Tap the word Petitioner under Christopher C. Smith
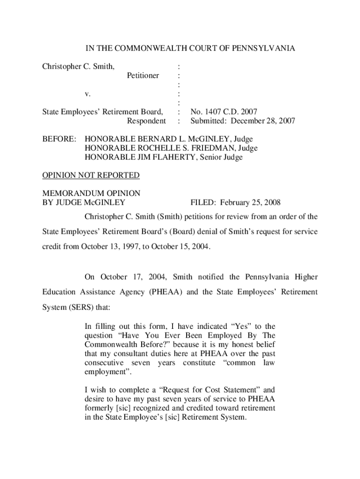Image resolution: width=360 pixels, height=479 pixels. click(x=143, y=75)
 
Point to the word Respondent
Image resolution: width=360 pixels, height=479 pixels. click(x=146, y=121)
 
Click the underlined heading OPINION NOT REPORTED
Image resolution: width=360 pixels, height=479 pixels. click(x=91, y=175)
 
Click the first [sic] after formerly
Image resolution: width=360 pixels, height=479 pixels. click(x=124, y=408)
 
